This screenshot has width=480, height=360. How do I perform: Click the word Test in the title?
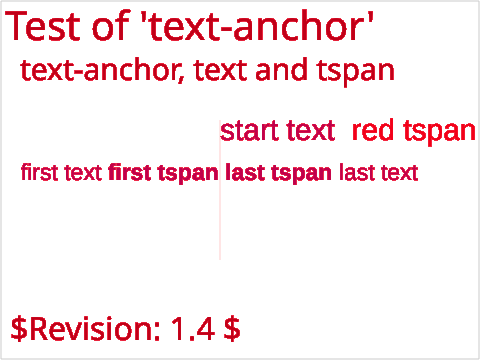point(43,26)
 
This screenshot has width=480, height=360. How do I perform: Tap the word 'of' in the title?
point(111,25)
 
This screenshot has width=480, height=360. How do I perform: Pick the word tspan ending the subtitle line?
point(356,73)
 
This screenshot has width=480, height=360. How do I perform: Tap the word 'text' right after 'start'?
point(311,130)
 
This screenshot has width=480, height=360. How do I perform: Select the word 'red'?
point(373,130)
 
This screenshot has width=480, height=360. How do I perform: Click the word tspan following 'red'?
point(439,133)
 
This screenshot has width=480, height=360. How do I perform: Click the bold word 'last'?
point(245,172)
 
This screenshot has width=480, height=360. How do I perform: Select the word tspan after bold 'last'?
point(301,174)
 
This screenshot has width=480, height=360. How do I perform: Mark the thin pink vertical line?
point(220,190)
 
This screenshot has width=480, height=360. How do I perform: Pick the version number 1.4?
point(193,329)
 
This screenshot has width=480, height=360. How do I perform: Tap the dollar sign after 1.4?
point(232,329)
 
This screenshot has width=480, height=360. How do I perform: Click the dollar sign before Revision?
point(19,329)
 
